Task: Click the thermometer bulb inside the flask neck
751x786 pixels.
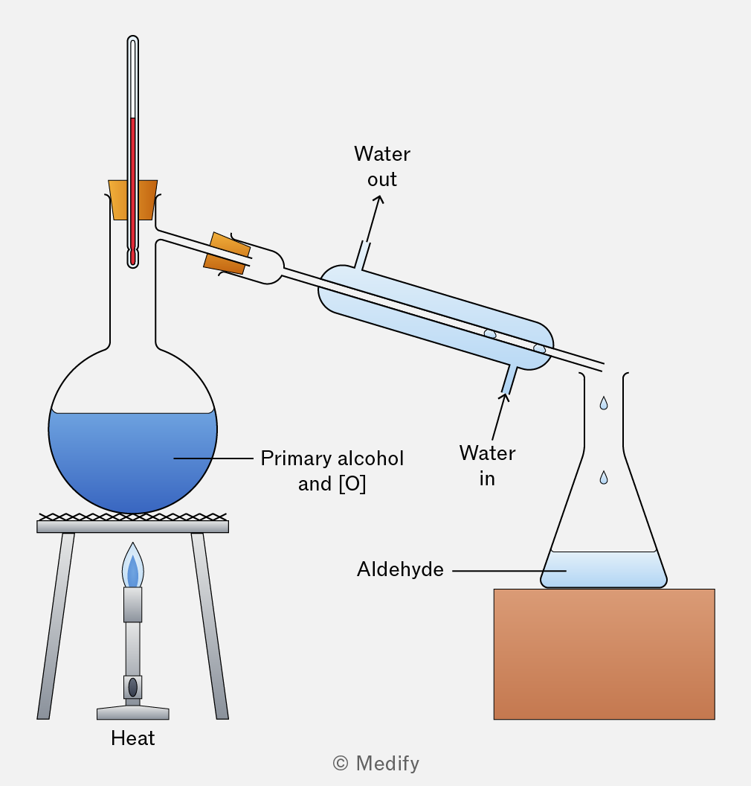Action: (132, 258)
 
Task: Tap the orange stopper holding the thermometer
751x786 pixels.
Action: (132, 200)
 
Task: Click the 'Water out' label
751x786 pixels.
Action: (382, 167)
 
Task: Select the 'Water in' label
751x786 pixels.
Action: (487, 466)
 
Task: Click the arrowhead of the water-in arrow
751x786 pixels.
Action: (504, 397)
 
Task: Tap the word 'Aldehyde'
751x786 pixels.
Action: (400, 569)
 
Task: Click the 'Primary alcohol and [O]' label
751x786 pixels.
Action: (332, 471)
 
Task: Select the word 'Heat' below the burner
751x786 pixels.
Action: (132, 738)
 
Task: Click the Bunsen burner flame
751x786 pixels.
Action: (132, 566)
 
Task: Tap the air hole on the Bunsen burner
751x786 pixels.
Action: (132, 687)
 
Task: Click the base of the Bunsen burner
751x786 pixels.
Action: (132, 712)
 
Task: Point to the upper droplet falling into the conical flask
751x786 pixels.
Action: (604, 403)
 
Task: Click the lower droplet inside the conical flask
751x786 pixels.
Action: (604, 478)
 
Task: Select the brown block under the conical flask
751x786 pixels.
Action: (605, 654)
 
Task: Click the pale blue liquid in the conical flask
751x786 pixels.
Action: (604, 570)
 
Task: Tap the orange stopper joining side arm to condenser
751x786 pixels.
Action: (227, 254)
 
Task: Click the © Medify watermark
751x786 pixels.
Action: (376, 764)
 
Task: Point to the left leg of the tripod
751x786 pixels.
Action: (56, 626)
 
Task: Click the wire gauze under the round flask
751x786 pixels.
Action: (132, 517)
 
